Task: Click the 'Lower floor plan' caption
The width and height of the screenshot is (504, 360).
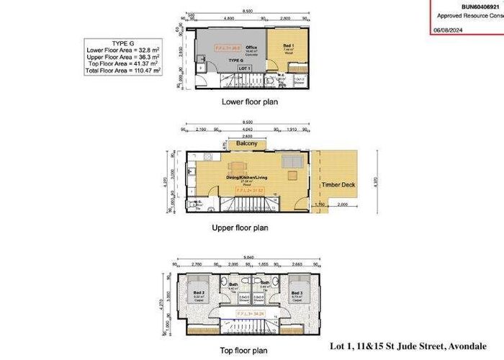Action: pyautogui.click(x=250, y=102)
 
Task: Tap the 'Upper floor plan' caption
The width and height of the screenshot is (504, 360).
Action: pyautogui.click(x=240, y=228)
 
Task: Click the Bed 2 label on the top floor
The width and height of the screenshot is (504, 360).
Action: pyautogui.click(x=199, y=294)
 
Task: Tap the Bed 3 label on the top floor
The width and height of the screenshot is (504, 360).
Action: pyautogui.click(x=297, y=294)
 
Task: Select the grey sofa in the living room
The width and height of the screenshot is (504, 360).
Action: pyautogui.click(x=291, y=161)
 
